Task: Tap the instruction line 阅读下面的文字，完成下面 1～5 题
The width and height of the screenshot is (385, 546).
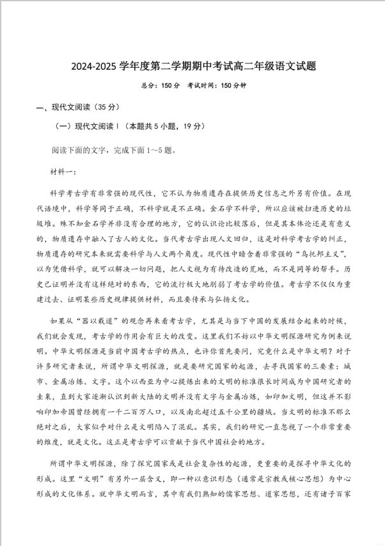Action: [113, 151]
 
